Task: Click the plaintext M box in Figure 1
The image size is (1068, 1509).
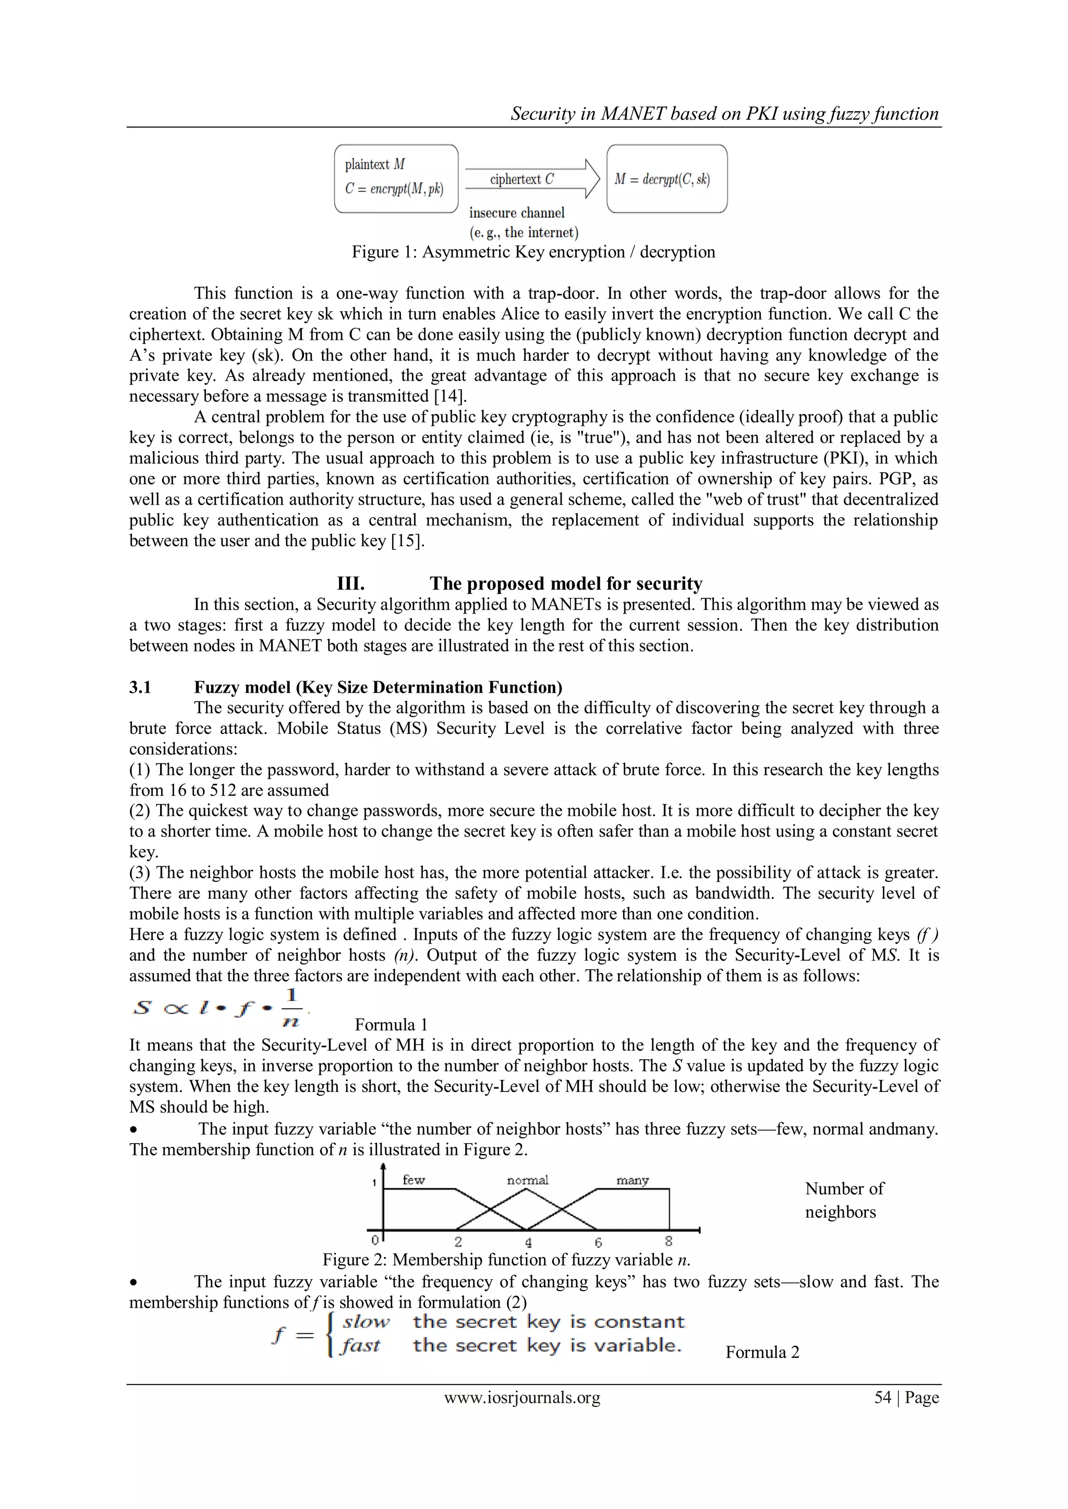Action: tap(396, 178)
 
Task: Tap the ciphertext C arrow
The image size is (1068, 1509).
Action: tap(531, 179)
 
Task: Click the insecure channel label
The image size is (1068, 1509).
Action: tap(517, 213)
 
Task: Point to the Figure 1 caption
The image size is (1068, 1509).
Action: tap(533, 252)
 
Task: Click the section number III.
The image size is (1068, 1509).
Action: tap(350, 584)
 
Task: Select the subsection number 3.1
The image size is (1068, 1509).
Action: tap(140, 688)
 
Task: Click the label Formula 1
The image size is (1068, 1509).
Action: tap(391, 1025)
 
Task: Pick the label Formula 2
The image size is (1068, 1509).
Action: tap(762, 1353)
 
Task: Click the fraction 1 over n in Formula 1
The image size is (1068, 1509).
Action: tap(292, 1008)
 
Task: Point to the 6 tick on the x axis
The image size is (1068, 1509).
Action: tap(598, 1242)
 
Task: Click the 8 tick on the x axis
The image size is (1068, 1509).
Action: tap(669, 1241)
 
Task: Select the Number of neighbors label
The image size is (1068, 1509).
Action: tap(844, 1200)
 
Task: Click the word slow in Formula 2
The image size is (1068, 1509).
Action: tap(366, 1322)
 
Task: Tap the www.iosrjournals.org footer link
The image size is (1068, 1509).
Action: tap(522, 1398)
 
